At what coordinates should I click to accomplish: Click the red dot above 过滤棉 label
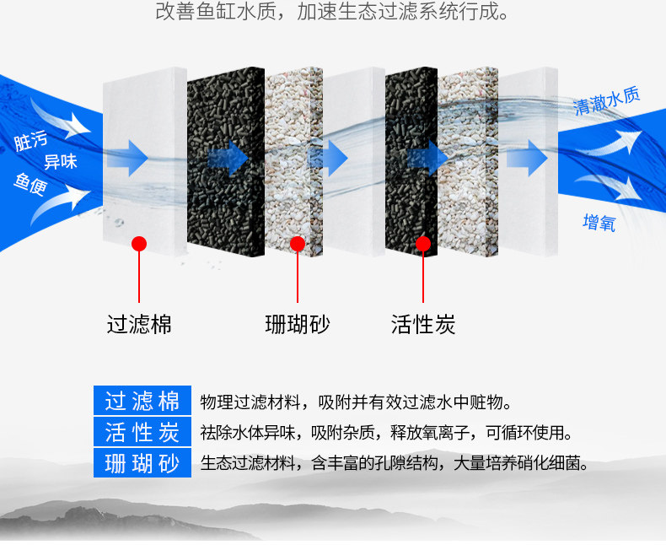tap(139, 244)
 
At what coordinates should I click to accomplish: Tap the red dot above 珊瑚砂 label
tap(297, 244)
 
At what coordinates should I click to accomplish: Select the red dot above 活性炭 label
tap(423, 244)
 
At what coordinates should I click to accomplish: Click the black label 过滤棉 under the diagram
tap(139, 324)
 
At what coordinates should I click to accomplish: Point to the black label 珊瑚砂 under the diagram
tap(297, 324)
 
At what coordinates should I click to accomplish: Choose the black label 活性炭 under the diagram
tap(423, 324)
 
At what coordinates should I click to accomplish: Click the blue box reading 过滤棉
tap(142, 402)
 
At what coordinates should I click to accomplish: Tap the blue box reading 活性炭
tap(142, 433)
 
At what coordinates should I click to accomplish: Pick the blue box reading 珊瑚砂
tap(142, 463)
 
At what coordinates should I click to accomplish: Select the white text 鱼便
tap(30, 183)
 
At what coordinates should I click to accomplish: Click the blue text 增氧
tap(599, 223)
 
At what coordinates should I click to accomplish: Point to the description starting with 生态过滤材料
tap(394, 463)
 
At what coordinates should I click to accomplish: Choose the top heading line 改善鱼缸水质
tap(333, 13)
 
